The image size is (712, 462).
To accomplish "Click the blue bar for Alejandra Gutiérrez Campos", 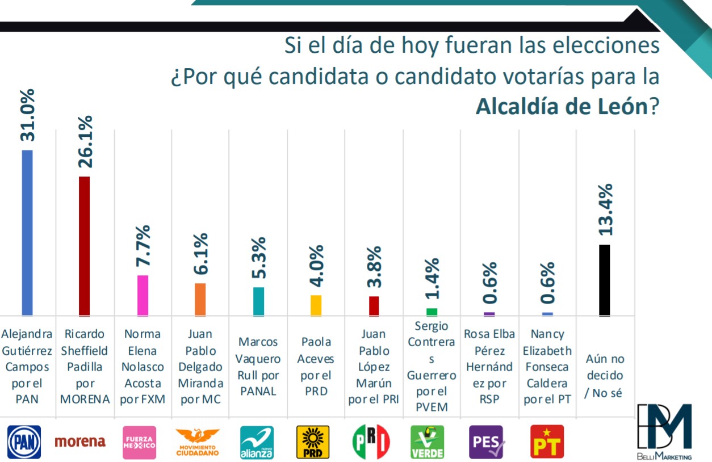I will click(27, 233).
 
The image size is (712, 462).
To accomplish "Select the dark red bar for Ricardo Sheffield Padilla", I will click(84, 246).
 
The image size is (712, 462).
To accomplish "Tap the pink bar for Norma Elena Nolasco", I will click(143, 295).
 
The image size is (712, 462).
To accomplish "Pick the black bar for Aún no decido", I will click(605, 280).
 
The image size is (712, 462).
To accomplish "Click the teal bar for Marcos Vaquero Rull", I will click(258, 301).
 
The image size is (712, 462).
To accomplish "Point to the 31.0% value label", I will click(27, 115).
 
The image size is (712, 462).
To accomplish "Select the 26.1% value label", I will click(85, 142).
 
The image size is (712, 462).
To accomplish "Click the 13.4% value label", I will click(605, 210).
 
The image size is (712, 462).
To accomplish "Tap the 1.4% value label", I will click(432, 278).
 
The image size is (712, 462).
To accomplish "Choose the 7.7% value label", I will click(143, 246).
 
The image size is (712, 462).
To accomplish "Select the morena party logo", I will click(80, 441).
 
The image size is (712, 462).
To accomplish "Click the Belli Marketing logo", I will click(664, 431).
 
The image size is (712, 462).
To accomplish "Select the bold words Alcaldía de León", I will click(560, 106).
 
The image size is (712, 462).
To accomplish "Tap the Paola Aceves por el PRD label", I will click(317, 367).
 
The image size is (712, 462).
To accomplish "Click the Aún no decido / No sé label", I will click(605, 375).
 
